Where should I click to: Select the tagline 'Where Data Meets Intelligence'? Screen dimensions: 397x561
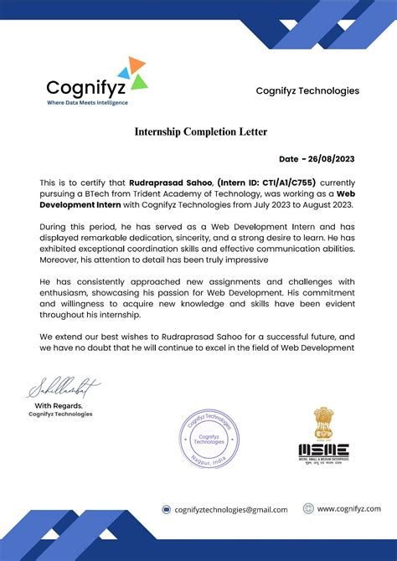click(x=87, y=103)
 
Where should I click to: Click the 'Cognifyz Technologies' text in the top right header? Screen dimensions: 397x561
click(x=307, y=90)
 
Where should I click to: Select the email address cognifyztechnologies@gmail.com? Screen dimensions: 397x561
click(x=230, y=509)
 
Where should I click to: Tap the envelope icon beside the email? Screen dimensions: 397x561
click(x=166, y=509)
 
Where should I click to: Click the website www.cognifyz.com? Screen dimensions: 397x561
click(x=348, y=508)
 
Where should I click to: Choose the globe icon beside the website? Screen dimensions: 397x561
click(x=308, y=508)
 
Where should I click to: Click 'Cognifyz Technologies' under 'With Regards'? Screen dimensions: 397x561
click(x=60, y=414)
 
